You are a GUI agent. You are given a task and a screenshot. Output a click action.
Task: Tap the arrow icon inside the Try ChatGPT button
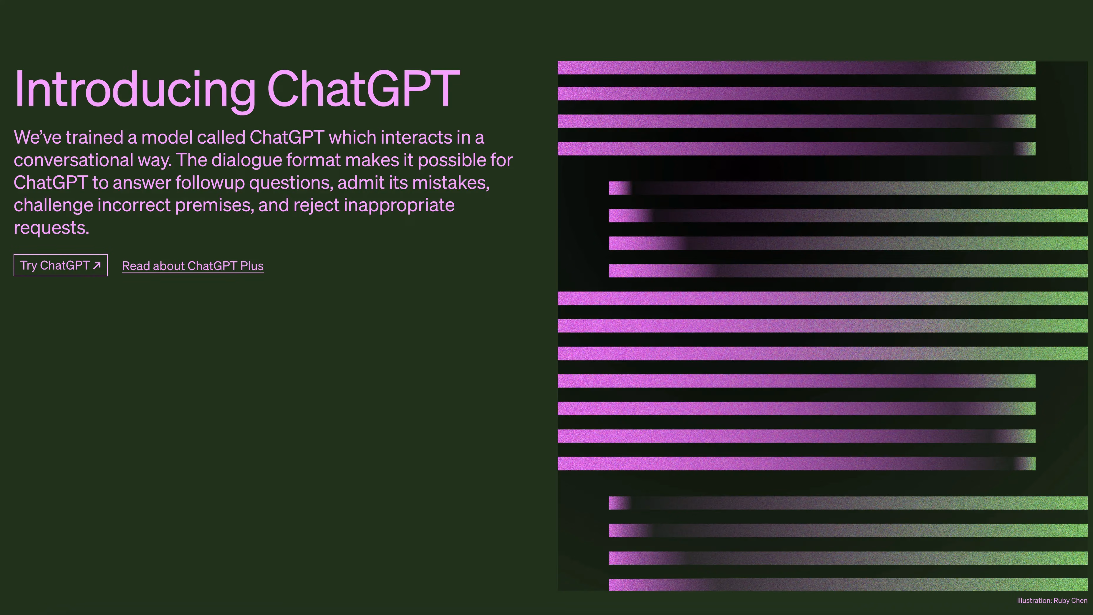97,265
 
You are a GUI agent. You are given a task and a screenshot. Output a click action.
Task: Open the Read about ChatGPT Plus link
193,266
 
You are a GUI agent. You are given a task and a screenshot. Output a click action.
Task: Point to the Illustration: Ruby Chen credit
1052,601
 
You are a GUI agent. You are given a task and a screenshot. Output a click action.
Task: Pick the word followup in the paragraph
210,183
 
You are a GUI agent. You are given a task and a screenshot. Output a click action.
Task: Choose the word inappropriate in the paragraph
399,205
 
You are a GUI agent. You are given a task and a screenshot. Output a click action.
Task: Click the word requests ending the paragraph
51,228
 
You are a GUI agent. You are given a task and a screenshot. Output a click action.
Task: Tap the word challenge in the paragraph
54,205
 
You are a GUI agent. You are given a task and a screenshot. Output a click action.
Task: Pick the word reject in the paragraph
316,205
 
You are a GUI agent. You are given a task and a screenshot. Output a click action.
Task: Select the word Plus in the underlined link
252,266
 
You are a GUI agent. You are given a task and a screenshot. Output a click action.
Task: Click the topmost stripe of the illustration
796,68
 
